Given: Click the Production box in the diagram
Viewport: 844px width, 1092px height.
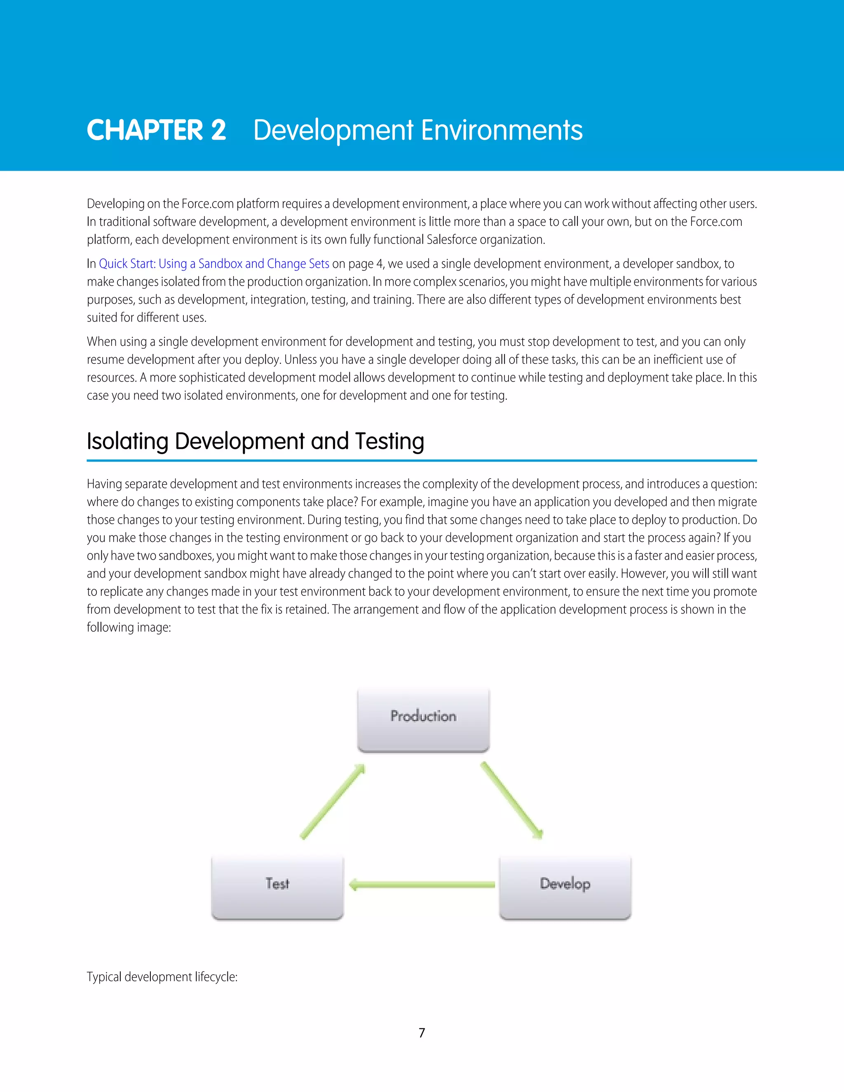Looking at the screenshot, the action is (x=423, y=719).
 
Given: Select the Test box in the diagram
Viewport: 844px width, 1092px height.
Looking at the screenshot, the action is (x=277, y=886).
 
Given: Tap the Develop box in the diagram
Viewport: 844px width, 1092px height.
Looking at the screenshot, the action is (x=565, y=886).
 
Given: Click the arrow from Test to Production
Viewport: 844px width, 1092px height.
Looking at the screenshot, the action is (x=332, y=801).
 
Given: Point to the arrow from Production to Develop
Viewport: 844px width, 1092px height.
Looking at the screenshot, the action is (x=511, y=799).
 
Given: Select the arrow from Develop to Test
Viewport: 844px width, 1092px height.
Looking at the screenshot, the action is (x=422, y=885).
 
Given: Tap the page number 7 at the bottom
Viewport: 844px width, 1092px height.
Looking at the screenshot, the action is (x=422, y=1033).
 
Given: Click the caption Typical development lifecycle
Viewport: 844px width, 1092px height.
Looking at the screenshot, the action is (x=162, y=977).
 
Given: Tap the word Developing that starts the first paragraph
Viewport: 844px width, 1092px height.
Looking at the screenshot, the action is (x=115, y=204).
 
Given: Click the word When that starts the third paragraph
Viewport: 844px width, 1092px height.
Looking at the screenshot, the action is (x=100, y=342).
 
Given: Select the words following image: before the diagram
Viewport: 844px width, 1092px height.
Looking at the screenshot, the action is (x=129, y=627).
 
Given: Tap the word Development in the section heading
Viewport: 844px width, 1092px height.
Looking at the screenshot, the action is (x=239, y=441).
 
